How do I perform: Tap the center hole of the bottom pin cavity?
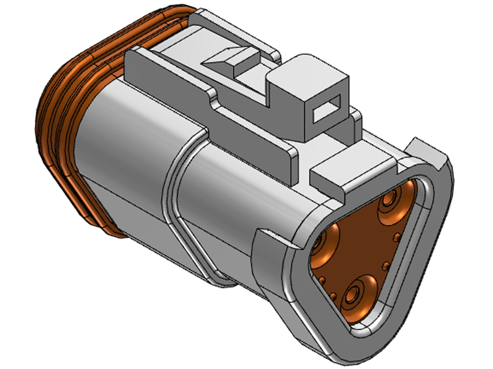352,296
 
